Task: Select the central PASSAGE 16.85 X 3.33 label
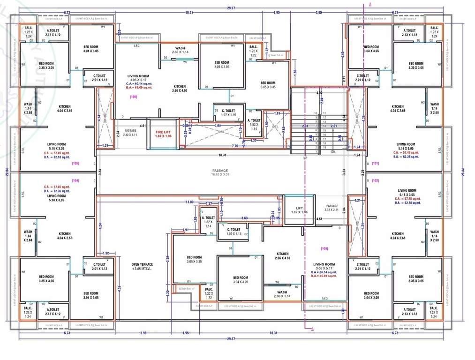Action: (x=220, y=172)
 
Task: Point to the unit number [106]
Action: (x=134, y=96)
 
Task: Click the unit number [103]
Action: (x=324, y=248)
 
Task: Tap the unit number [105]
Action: (x=75, y=163)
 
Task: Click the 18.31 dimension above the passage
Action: (x=222, y=155)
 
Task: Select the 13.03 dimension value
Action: (x=189, y=202)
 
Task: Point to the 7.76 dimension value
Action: (x=234, y=146)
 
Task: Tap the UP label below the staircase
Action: (x=305, y=158)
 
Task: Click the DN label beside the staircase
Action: (x=333, y=151)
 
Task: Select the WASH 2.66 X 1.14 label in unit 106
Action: (x=180, y=51)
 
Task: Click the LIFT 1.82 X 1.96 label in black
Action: (x=301, y=210)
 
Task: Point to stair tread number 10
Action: (x=316, y=113)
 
